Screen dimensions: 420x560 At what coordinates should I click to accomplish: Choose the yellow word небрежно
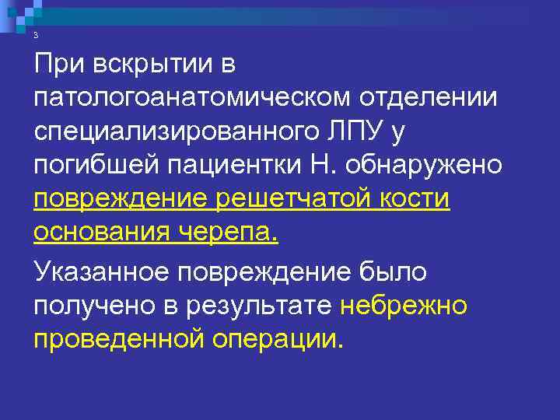point(404,305)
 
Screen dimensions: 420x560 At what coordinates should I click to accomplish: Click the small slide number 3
point(36,37)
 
